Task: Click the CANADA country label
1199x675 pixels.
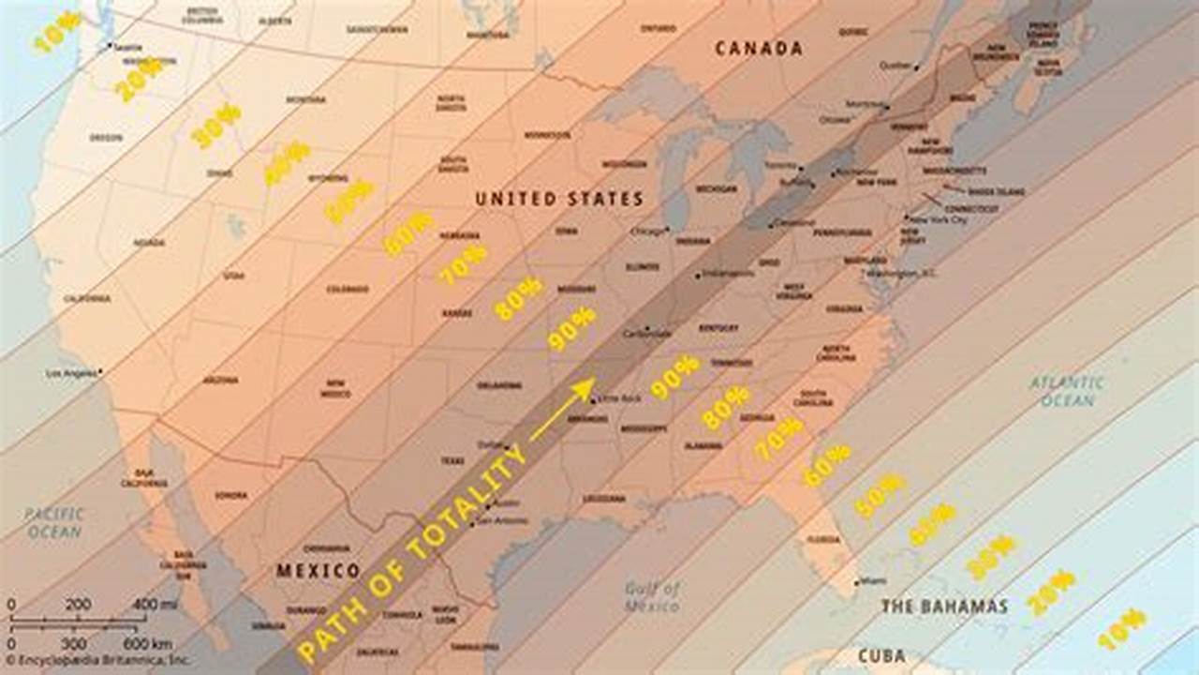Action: [x=759, y=49]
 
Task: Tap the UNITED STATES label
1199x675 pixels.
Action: [x=559, y=199]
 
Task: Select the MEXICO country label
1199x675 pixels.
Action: [x=318, y=570]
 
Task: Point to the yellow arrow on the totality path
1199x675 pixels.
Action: [x=562, y=409]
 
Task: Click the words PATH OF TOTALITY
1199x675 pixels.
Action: [x=412, y=553]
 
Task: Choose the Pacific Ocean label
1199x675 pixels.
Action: [x=54, y=523]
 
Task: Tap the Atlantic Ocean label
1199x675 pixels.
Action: [x=1067, y=391]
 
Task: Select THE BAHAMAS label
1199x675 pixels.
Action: [x=944, y=607]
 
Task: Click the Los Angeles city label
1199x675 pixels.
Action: [x=72, y=373]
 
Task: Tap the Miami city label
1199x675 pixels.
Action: [x=873, y=581]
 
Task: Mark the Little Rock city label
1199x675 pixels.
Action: [x=620, y=398]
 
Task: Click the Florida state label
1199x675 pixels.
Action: [x=823, y=539]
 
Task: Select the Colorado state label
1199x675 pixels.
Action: [x=347, y=289]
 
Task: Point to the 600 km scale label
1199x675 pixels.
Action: [x=147, y=644]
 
